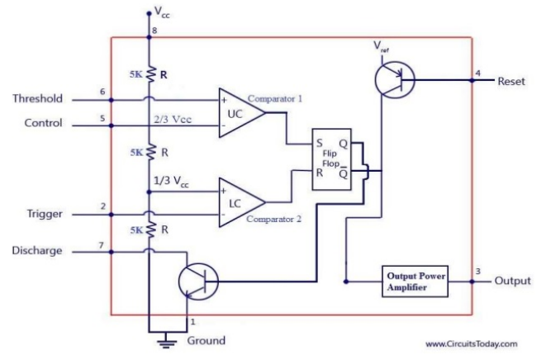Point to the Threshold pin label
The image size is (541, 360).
click(37, 99)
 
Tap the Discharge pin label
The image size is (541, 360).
click(37, 250)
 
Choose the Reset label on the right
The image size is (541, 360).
click(511, 81)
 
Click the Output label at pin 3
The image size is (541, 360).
click(512, 281)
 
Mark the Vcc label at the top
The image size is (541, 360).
click(164, 12)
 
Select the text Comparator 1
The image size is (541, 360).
click(275, 98)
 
